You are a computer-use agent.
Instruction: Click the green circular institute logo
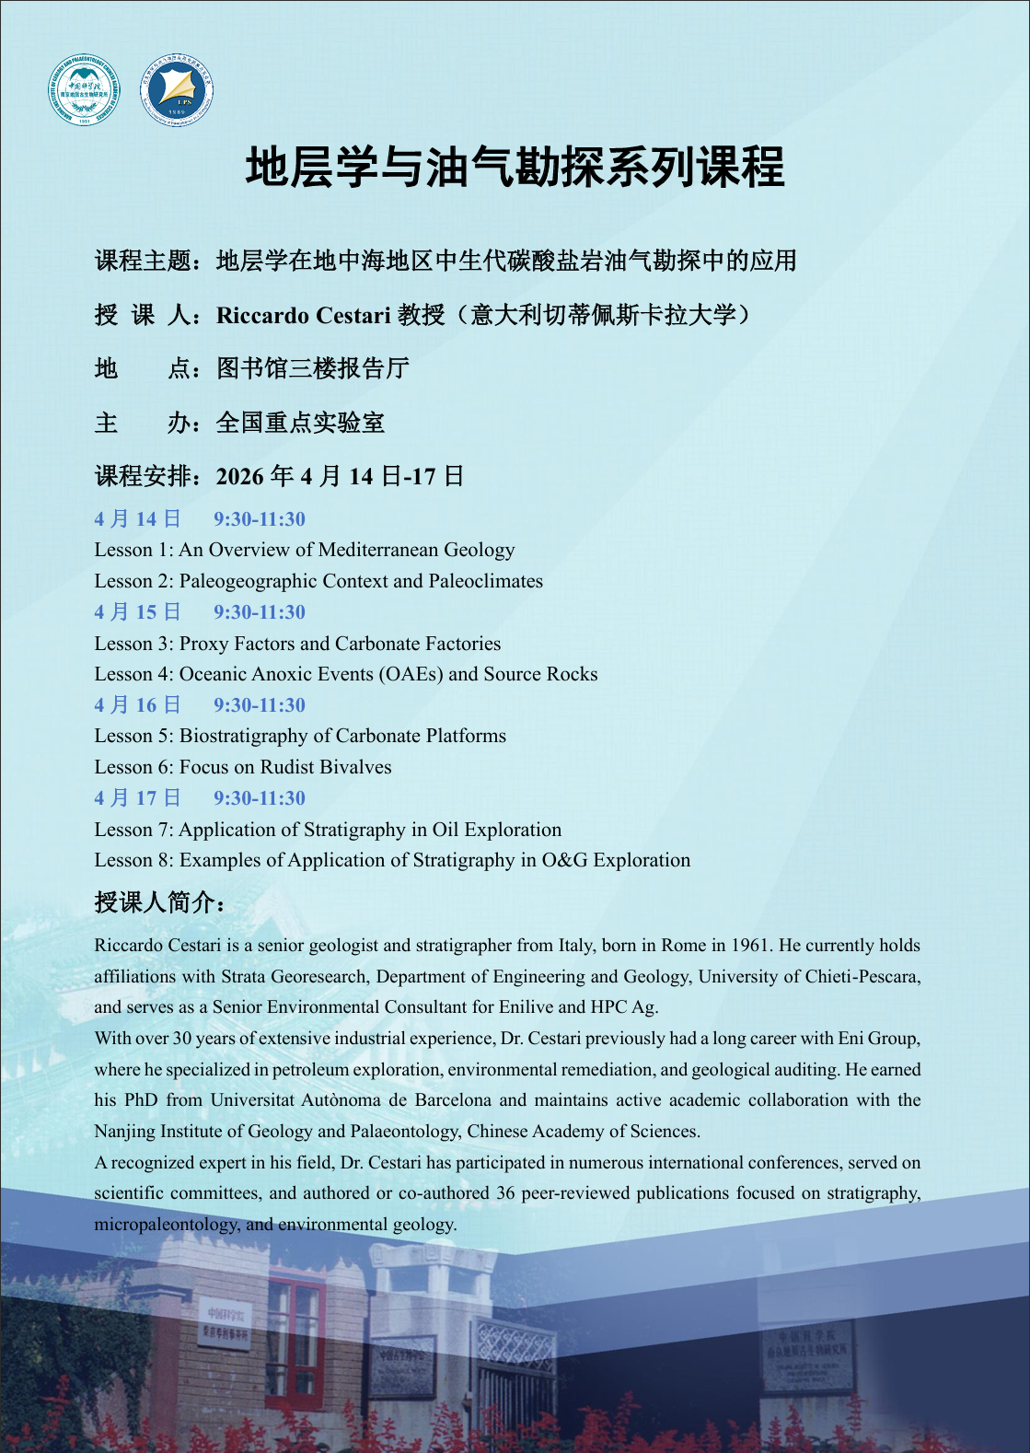coord(84,90)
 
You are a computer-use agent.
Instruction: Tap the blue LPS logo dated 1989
coord(177,90)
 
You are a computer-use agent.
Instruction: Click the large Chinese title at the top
coord(515,168)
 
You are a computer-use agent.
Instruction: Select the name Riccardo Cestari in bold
coord(303,316)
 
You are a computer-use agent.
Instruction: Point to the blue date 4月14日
coord(137,519)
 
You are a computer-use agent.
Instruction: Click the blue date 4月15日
coord(137,612)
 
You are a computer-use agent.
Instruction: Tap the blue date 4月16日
coord(137,705)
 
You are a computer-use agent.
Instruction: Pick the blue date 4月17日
coord(137,798)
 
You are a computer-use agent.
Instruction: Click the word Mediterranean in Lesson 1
coord(377,550)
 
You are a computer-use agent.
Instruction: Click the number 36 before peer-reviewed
coord(505,1193)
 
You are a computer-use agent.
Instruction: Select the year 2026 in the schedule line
coord(239,476)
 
